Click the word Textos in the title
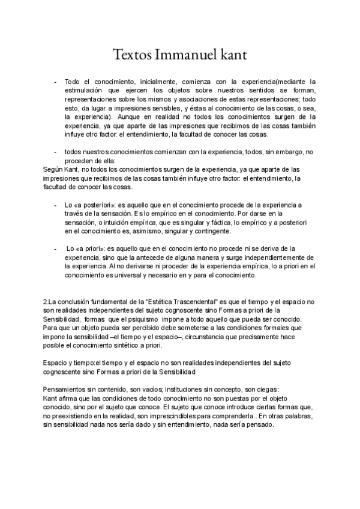click(131, 55)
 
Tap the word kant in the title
click(231, 55)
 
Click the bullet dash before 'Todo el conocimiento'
click(56, 80)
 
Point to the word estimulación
click(87, 89)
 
